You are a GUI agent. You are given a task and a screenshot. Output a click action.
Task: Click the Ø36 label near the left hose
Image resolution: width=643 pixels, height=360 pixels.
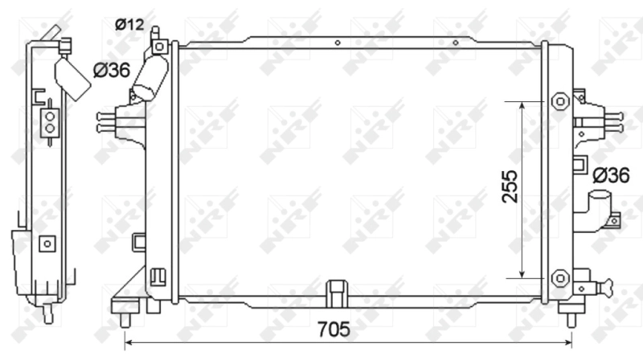point(112,72)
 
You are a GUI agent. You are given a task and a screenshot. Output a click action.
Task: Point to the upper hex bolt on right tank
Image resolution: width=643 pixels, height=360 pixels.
point(560,101)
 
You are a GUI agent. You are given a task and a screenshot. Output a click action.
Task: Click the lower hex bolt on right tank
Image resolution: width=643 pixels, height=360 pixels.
point(560,277)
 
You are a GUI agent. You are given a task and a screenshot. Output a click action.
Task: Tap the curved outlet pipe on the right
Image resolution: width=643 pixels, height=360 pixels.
point(599,211)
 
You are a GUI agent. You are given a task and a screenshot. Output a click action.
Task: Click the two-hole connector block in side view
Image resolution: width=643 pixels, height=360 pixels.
point(50,121)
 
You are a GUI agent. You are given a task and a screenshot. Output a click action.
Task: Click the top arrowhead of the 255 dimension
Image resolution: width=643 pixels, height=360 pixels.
point(522,104)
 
